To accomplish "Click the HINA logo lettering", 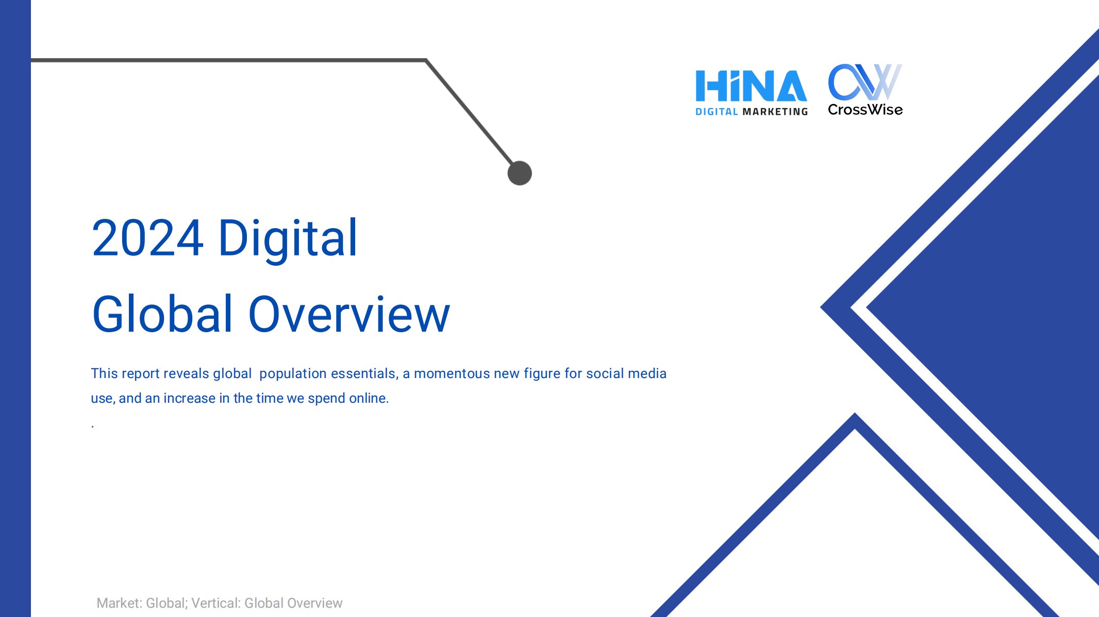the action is point(751,85).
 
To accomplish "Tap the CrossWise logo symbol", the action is point(865,82).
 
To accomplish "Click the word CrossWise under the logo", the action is point(865,110).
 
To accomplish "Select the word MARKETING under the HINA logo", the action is point(775,112).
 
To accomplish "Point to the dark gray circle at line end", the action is point(520,173).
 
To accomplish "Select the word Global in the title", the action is point(162,314).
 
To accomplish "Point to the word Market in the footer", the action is point(119,603).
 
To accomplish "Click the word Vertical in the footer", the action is point(216,603).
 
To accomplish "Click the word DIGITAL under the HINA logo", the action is point(717,112).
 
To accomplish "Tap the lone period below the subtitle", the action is point(93,426).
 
